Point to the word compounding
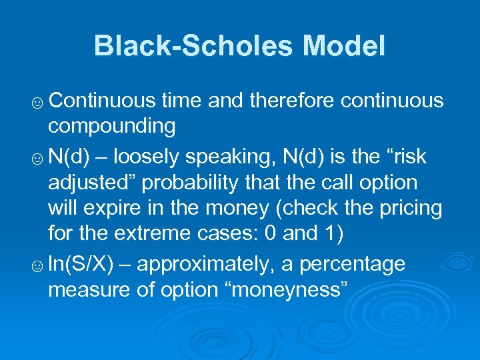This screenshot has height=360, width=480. (112, 127)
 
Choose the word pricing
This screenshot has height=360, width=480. (411, 209)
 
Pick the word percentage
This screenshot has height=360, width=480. (352, 265)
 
